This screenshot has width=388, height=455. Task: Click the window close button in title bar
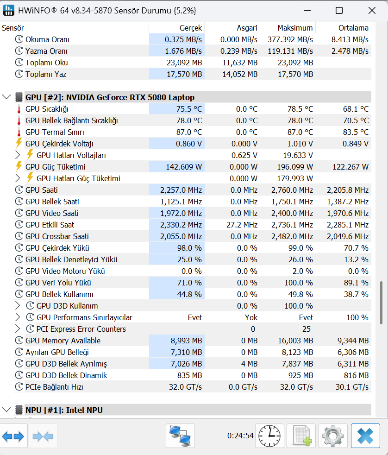(x=371, y=10)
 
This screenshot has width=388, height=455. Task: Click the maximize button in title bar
(x=339, y=10)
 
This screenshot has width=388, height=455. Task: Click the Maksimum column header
(x=295, y=28)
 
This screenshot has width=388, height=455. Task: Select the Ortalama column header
(x=353, y=28)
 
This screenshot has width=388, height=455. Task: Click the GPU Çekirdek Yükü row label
(x=57, y=248)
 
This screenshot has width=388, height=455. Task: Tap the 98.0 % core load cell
(x=189, y=248)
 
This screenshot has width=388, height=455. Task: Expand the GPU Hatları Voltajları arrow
(x=18, y=155)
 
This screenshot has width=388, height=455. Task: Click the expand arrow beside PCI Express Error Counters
(x=18, y=329)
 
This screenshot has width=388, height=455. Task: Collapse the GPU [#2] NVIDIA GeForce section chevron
(x=6, y=97)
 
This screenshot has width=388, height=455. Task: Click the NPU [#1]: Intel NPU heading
(x=64, y=410)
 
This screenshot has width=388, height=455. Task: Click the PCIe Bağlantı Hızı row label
(x=54, y=387)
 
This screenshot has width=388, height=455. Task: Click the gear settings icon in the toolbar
(x=331, y=436)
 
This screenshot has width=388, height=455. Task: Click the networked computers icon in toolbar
(x=180, y=436)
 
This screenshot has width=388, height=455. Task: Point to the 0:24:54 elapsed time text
(x=240, y=436)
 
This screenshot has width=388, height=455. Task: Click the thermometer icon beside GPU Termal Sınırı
(x=19, y=132)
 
